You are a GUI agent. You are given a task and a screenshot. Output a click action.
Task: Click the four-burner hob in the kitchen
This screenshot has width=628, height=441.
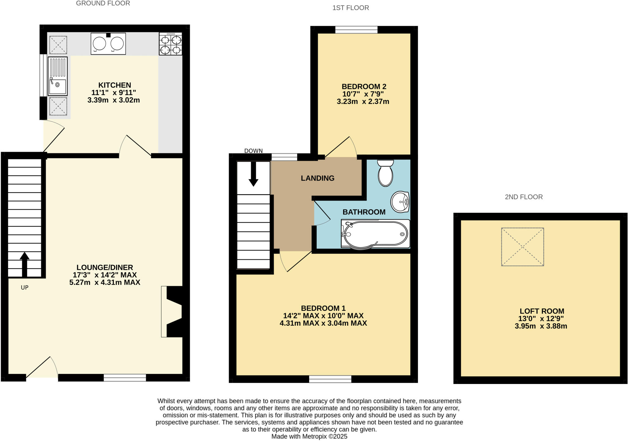tap(170, 44)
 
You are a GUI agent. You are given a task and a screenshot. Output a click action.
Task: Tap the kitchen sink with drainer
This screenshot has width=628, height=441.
tap(58, 76)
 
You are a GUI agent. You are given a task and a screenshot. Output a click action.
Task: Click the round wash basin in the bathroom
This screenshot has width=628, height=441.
tap(400, 202)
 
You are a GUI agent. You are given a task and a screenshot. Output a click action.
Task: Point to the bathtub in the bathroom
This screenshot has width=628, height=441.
tap(375, 234)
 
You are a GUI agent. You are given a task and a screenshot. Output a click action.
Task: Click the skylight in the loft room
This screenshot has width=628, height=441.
tap(523, 247)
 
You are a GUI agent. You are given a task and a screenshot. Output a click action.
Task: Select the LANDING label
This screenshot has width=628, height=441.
tap(317, 178)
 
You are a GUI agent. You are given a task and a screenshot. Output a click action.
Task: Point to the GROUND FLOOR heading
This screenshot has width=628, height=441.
tap(103, 3)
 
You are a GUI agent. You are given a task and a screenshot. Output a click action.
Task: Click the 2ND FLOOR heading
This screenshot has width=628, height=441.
tap(524, 197)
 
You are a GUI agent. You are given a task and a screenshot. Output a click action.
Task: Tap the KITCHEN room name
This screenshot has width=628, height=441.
tap(114, 85)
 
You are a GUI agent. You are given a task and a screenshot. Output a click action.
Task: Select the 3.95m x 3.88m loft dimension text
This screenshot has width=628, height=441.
tap(541, 326)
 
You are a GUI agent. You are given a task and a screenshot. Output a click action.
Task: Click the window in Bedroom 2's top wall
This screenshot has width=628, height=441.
tap(356, 30)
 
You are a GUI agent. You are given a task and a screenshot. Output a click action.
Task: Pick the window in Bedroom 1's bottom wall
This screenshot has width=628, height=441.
tap(330, 379)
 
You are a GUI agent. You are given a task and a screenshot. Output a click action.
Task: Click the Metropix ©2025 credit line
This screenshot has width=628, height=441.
tap(309, 436)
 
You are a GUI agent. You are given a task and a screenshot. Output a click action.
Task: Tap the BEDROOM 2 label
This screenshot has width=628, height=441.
tap(364, 86)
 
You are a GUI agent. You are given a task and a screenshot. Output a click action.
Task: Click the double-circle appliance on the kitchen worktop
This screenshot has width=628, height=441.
tap(108, 44)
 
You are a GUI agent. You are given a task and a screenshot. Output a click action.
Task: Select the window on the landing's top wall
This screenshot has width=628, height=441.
tap(284, 157)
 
